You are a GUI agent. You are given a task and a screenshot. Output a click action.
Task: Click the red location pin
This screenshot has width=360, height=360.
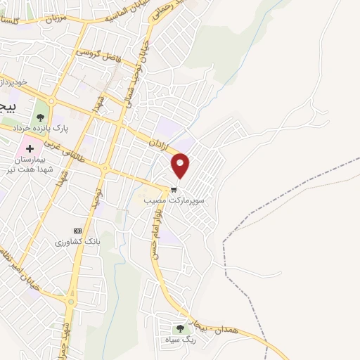tap(181, 165)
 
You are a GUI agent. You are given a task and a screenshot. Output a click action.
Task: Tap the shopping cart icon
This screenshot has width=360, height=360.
tap(174, 189)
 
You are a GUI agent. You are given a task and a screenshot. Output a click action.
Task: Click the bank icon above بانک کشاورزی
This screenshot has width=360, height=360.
tap(77, 231)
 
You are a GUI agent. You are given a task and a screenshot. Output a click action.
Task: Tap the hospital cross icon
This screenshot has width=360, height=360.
tap(29, 148)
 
